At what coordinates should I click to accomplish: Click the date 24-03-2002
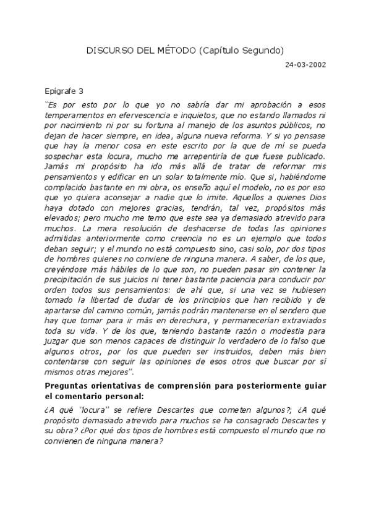click(305, 64)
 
